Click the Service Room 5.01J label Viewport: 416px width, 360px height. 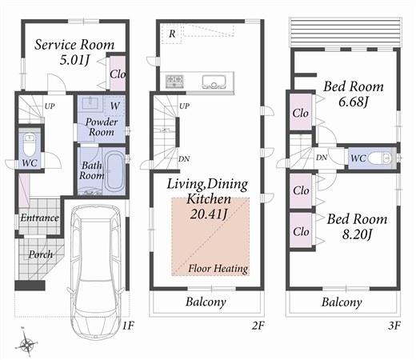[74, 51]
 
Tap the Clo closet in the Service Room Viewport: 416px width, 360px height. [117, 73]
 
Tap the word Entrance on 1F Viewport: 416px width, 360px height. [39, 218]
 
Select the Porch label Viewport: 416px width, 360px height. [41, 254]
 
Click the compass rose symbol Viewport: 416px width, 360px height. [29, 344]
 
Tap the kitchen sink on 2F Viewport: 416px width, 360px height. [215, 80]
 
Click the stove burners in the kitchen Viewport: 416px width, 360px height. [175, 80]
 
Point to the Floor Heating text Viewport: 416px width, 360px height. [218, 268]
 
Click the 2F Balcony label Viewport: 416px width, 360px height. [206, 302]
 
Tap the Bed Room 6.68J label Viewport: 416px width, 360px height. [353, 94]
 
